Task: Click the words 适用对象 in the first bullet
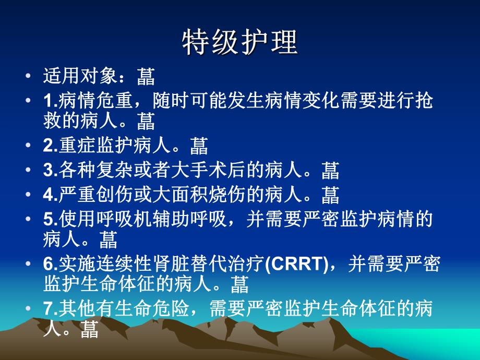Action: pos(78,77)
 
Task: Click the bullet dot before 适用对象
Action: pos(27,77)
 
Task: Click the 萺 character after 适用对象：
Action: pos(146,77)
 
